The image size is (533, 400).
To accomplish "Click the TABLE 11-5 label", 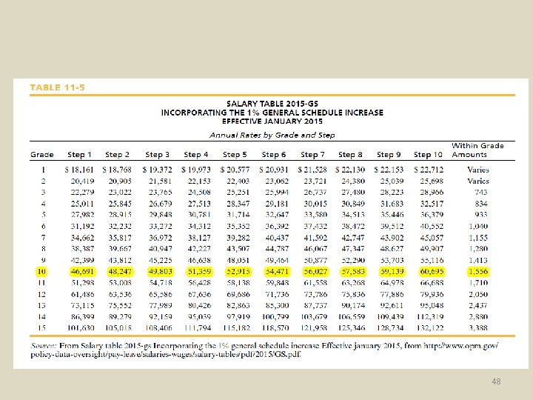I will point(58,88).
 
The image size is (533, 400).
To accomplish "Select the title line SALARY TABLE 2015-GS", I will point(272,104).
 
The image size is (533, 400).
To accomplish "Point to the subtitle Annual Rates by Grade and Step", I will point(272,135).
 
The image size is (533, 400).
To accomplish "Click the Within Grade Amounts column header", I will point(477,150).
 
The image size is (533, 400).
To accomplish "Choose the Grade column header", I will point(41,155).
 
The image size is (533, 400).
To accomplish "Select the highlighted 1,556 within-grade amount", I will point(477,272).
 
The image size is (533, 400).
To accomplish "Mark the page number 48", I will point(495,381).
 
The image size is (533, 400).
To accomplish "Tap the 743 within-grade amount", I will point(480,191).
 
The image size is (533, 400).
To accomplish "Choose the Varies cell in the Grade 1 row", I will point(478,170).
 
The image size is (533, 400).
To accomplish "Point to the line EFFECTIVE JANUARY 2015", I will point(272,121).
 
